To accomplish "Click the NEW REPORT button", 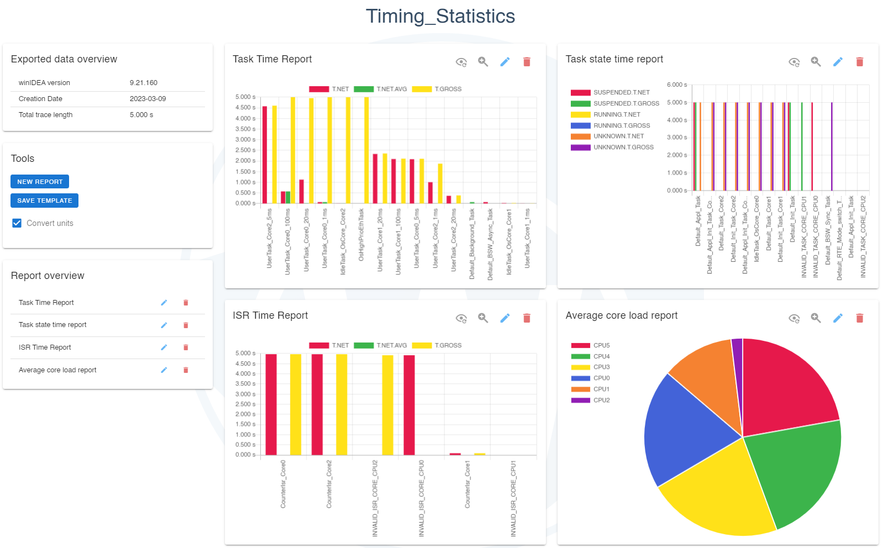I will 40,182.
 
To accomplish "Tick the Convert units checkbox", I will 17,223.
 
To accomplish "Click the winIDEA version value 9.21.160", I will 144,83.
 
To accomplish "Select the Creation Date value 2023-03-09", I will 148,99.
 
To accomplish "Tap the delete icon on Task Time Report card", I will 527,62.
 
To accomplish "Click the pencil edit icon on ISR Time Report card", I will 504,318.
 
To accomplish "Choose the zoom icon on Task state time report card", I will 816,62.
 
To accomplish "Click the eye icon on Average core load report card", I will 794,318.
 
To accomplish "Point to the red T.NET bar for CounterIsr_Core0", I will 271,403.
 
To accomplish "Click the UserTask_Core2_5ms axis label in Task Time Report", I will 270,238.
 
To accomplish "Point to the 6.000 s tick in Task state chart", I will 676,85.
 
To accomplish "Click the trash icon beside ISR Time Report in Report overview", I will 186,347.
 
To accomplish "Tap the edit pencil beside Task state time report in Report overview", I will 164,325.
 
